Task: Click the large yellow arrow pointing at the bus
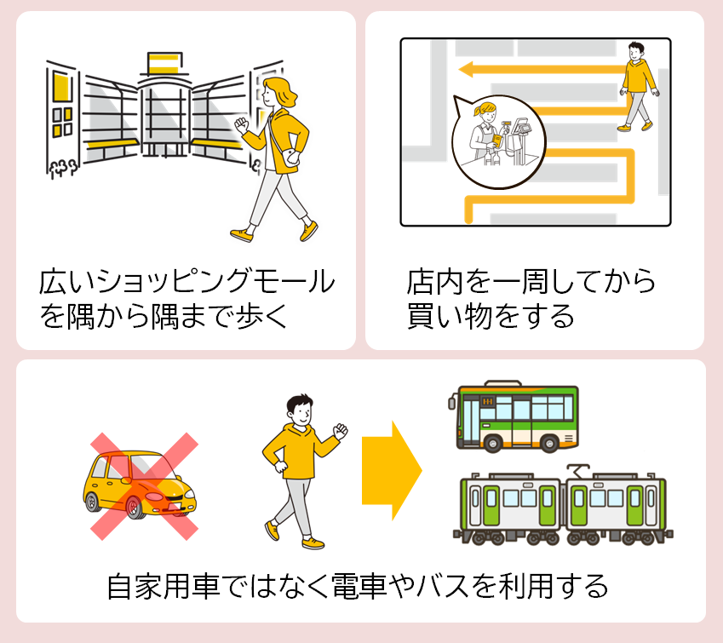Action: [392, 468]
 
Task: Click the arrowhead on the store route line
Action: [465, 69]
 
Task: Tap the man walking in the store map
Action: [636, 86]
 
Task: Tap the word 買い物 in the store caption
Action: [460, 316]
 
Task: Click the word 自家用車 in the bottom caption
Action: [156, 586]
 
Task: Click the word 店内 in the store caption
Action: [430, 281]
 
